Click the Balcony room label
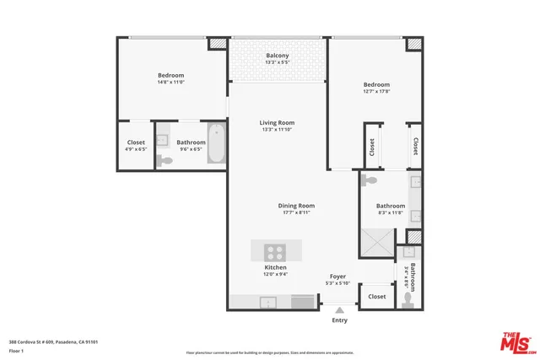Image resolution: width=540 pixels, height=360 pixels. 277,56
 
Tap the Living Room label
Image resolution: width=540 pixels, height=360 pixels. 277,123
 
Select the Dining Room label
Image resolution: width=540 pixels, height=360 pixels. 296,206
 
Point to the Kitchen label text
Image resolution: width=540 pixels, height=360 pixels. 276,267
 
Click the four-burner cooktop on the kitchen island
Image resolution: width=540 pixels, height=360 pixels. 275,250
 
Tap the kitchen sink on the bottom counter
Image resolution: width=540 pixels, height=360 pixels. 300,302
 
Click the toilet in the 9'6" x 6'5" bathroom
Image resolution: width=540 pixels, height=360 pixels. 165,160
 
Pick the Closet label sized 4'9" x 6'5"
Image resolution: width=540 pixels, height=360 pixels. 136,142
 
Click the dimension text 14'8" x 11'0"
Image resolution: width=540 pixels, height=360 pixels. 171,82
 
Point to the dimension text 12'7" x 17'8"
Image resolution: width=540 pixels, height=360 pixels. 376,92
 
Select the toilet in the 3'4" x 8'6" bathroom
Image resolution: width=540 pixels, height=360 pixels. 409,297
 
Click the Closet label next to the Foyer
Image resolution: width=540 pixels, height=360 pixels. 376,297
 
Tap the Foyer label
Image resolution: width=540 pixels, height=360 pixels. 337,277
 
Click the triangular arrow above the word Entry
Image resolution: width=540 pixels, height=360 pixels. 339,311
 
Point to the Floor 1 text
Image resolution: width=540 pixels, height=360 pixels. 17,350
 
